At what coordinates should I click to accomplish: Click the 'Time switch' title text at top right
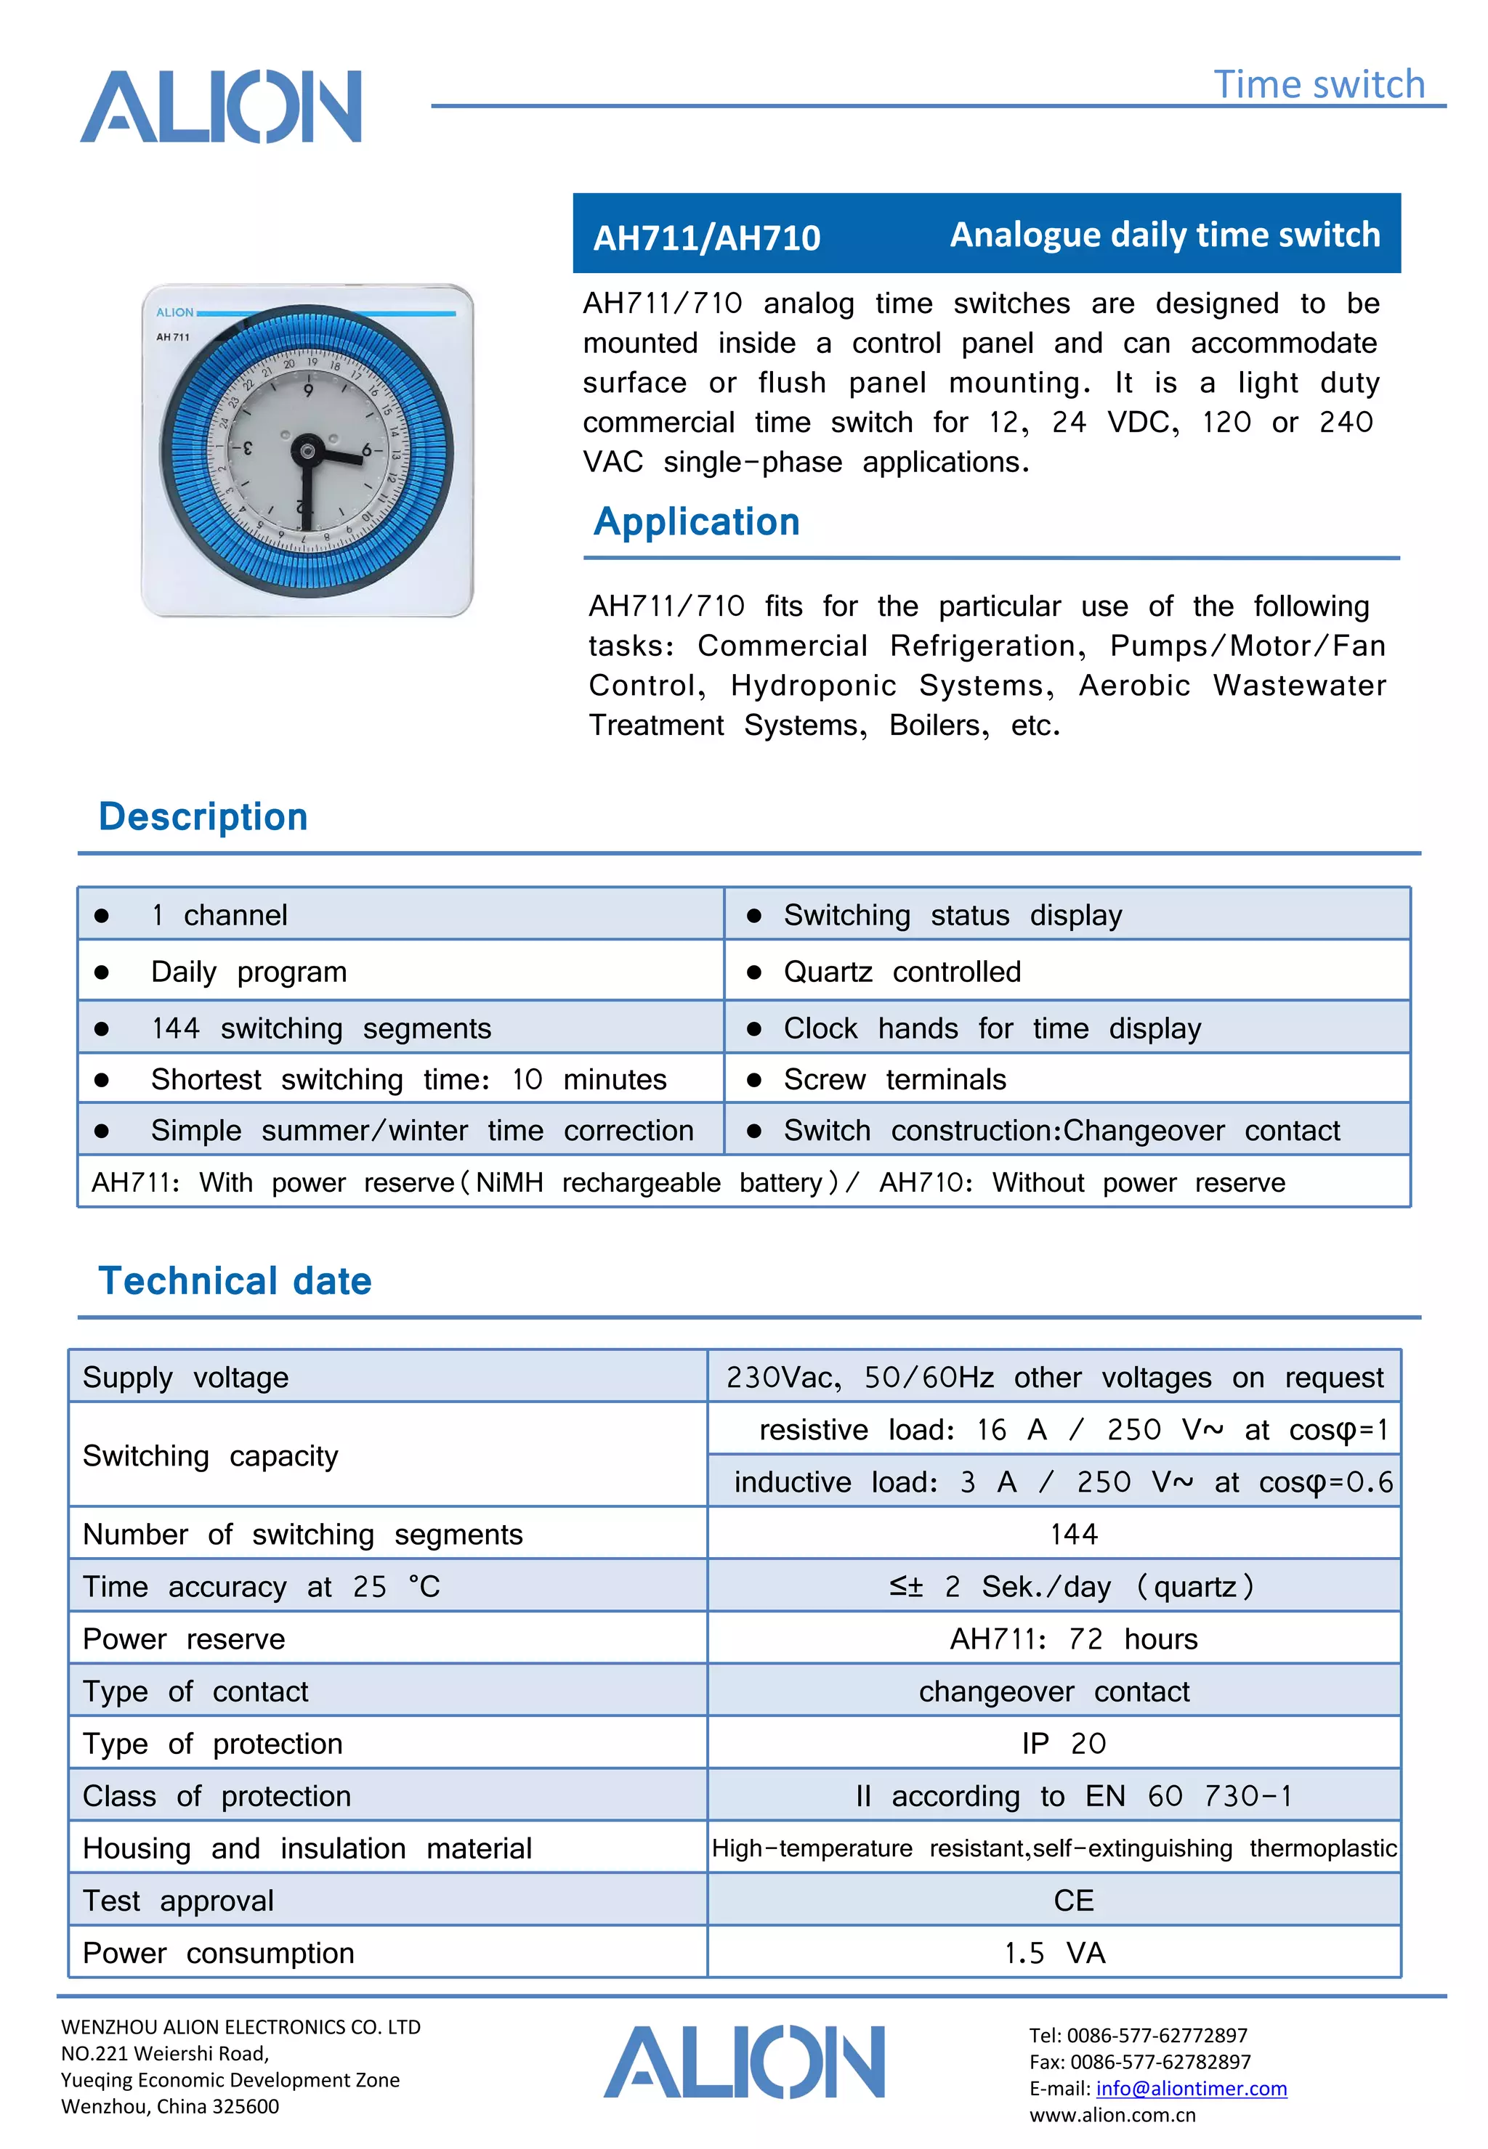click(1318, 85)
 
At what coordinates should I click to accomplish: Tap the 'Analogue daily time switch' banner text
click(1165, 235)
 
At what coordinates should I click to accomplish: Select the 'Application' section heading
click(697, 522)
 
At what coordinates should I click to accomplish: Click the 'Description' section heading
click(203, 816)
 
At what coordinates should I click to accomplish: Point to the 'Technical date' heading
click(235, 1280)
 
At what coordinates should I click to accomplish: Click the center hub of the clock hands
click(307, 452)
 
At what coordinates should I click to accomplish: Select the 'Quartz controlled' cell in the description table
click(902, 972)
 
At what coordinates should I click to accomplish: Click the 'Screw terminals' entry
click(894, 1079)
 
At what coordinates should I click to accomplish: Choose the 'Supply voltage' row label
click(185, 1378)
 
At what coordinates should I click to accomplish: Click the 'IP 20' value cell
click(1064, 1743)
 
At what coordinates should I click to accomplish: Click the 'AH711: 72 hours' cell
click(1073, 1638)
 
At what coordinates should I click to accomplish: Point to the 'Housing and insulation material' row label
click(307, 1848)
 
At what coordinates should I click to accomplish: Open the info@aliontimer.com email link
click(1191, 2089)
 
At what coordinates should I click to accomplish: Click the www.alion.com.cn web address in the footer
click(1112, 2115)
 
